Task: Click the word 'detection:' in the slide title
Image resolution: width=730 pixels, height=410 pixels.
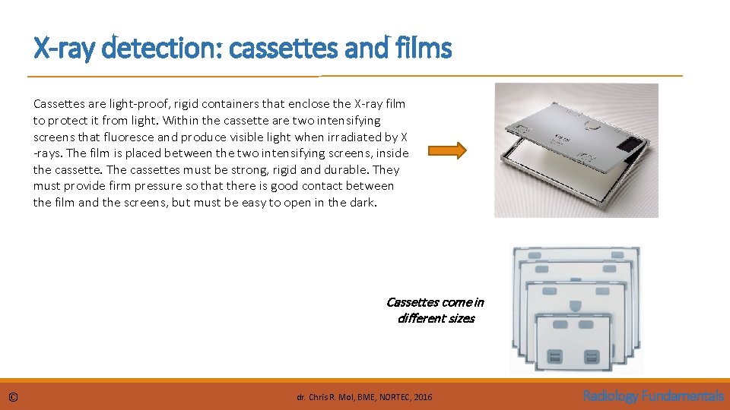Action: pos(163,49)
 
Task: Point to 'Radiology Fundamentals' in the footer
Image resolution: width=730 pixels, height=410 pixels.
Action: pos(652,396)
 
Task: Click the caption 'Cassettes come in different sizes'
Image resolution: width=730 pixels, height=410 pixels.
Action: pos(435,310)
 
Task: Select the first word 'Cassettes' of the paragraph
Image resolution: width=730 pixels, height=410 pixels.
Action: pos(56,104)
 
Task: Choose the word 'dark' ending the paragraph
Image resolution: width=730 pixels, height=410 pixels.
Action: pos(364,203)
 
